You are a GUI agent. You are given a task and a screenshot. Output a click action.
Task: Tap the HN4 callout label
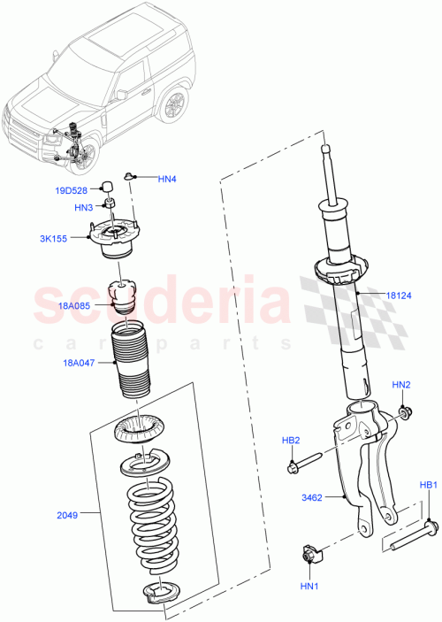click(167, 179)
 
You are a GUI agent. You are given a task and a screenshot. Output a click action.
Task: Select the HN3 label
click(84, 208)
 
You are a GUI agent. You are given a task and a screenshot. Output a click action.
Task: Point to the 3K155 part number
click(72, 238)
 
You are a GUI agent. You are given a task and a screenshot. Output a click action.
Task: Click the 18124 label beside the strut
click(398, 296)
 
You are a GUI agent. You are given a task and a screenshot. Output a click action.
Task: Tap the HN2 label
click(401, 385)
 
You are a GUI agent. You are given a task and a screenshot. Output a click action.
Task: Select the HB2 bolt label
click(292, 440)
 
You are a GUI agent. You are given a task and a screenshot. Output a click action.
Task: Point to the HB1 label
click(428, 485)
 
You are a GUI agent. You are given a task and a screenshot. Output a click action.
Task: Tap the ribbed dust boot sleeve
click(132, 364)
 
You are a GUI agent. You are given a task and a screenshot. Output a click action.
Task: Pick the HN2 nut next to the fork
click(403, 411)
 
